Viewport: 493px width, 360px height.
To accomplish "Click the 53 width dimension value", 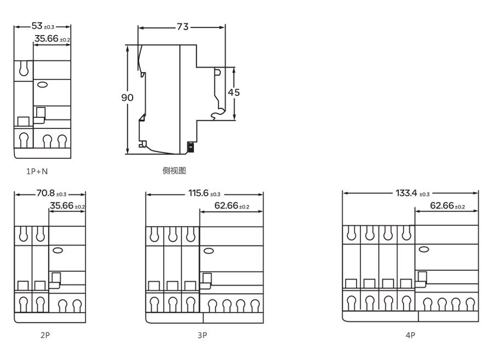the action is [x=37, y=26].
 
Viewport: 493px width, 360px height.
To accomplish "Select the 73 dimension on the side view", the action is [x=182, y=27].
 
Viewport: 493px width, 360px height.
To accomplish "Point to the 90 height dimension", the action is [x=127, y=98].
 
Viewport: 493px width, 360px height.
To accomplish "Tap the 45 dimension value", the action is [x=233, y=92].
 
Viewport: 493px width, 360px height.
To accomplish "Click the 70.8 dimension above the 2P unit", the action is [x=45, y=193].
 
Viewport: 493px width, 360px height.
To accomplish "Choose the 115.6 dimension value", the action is [x=198, y=193].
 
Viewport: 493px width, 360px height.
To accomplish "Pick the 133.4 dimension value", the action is [x=406, y=193].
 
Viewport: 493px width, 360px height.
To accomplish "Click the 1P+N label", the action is [x=37, y=172].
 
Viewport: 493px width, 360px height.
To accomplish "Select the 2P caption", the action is [x=45, y=335].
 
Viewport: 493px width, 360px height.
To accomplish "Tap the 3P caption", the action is [x=203, y=335].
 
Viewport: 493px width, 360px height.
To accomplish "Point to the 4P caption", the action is [x=410, y=335].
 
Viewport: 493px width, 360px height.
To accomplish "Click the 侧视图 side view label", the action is [x=174, y=170].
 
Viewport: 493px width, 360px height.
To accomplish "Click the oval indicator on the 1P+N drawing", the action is [x=42, y=84].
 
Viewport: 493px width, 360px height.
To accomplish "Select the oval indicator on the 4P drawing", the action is [x=424, y=249].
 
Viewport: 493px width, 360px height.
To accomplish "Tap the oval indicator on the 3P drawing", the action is [x=209, y=250].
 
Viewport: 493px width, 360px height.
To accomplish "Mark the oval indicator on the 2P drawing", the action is [x=58, y=250].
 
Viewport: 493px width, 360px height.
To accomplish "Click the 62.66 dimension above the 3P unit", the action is [x=226, y=205].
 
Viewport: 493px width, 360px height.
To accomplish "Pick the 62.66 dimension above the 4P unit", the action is [x=442, y=205].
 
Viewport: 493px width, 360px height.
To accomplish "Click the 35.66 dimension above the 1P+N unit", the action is [x=47, y=39].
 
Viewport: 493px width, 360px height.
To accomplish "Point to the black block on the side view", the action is [x=191, y=147].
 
